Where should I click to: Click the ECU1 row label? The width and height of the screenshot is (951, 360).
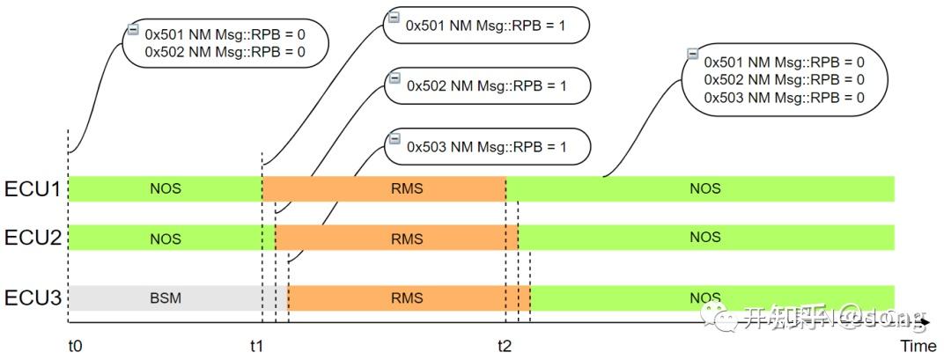pos(32,188)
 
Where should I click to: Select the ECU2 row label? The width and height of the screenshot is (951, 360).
pos(32,238)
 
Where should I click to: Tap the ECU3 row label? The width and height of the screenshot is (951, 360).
pos(32,298)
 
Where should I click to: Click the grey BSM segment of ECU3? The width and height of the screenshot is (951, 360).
pos(165,298)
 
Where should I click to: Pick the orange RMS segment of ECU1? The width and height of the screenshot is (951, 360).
pos(384,188)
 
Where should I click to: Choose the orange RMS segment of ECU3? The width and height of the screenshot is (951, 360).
pos(409,298)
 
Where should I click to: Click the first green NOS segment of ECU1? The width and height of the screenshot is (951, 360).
pos(165,188)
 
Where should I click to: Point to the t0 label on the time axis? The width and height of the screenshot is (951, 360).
pos(75,345)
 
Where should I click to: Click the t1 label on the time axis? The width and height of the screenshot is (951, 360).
pos(256,345)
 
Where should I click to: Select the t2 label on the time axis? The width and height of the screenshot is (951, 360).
pos(504,345)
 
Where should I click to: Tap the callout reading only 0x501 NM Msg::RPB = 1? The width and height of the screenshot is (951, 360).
pos(485,26)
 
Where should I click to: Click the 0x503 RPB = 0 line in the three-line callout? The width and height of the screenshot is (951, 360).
pos(784,98)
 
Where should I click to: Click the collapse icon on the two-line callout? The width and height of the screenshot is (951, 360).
pos(133,30)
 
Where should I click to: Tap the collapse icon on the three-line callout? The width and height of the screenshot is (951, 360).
pos(693,55)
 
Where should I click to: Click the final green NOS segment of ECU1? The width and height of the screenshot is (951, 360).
pos(704,188)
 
